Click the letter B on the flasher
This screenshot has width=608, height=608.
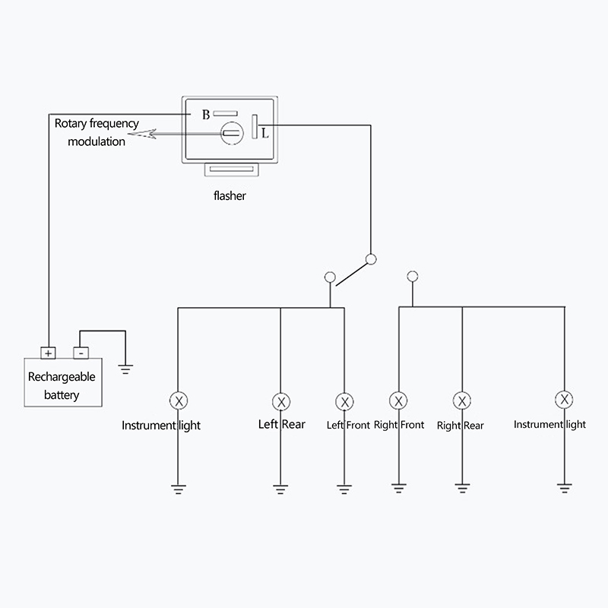(205, 116)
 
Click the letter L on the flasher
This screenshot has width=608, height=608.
(264, 134)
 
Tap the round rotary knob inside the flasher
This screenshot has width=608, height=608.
(231, 135)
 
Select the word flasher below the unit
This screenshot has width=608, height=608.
(230, 195)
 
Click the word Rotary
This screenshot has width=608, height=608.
(71, 123)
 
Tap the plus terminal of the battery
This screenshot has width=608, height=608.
(48, 353)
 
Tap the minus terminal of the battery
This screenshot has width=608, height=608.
(81, 353)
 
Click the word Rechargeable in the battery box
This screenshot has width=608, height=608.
(62, 377)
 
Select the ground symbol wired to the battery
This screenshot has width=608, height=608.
(126, 369)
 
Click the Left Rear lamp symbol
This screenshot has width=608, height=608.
(281, 401)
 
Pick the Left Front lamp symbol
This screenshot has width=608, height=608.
(344, 401)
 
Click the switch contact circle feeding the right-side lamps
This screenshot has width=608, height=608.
(413, 276)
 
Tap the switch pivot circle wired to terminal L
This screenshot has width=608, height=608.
(371, 259)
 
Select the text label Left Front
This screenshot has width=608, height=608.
(348, 425)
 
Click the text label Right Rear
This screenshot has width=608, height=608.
(461, 426)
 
